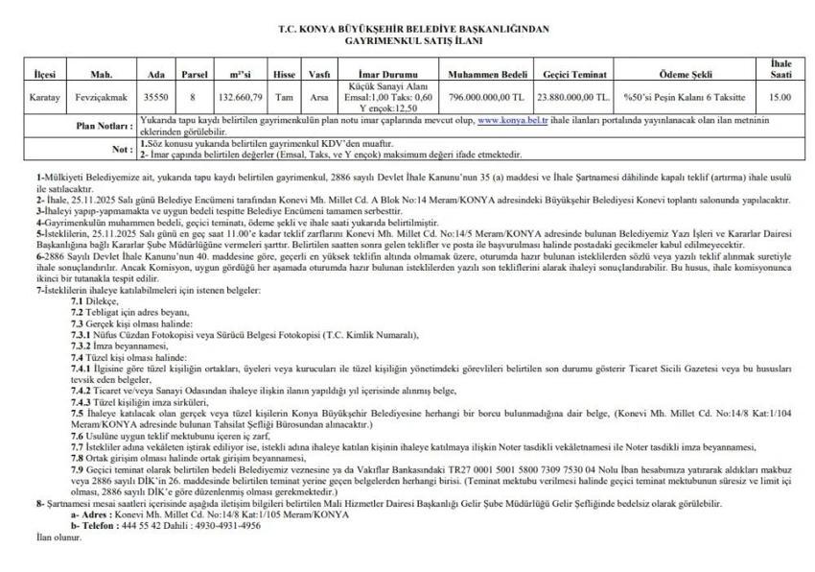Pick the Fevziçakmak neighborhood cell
click(102, 97)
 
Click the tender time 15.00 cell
click(780, 97)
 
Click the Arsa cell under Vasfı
click(318, 97)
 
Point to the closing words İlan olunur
click(58, 537)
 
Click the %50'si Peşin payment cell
click(686, 97)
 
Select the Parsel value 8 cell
click(193, 97)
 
